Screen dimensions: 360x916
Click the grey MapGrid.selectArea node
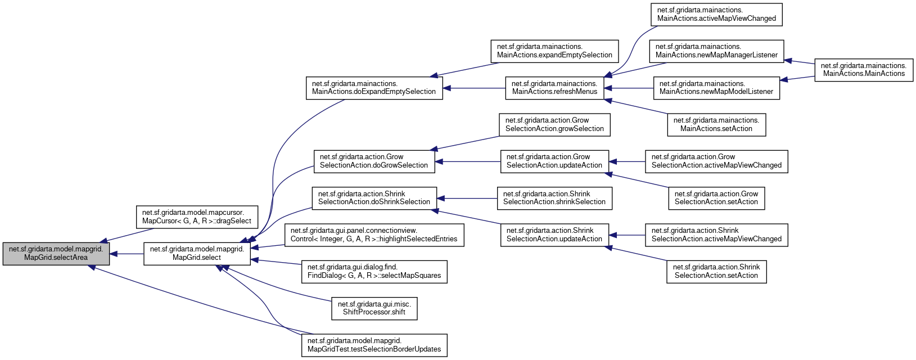pos(56,254)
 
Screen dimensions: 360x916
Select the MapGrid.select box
pos(197,254)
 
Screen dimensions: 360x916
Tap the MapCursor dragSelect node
pos(197,217)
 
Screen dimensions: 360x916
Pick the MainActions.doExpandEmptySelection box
pos(374,88)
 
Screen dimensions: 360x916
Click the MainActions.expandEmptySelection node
pos(554,51)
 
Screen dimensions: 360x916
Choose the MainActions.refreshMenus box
pos(554,88)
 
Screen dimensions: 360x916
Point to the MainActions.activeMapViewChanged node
pos(716,15)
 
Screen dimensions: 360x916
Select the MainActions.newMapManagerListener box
pos(716,51)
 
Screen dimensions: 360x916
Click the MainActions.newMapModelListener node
pos(716,88)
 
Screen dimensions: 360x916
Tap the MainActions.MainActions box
pos(864,70)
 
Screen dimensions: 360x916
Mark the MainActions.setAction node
pos(716,125)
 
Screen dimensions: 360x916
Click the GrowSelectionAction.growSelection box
pos(554,125)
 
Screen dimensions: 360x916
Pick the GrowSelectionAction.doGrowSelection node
pos(374,161)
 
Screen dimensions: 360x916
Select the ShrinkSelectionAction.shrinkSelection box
pos(554,198)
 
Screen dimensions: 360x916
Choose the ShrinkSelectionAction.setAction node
pos(716,272)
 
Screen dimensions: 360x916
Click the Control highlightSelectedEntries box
pos(374,235)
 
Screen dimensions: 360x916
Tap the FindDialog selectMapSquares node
pos(374,272)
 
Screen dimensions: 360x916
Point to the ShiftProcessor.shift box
pos(374,308)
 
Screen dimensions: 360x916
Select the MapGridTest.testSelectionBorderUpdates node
pos(374,345)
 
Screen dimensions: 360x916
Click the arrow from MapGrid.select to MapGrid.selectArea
pos(127,254)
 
